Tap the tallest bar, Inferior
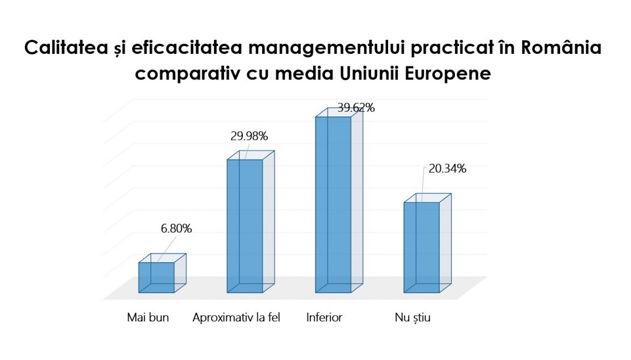tap(333, 204)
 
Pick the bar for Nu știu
tap(422, 247)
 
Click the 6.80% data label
tap(176, 229)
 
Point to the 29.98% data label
tap(249, 136)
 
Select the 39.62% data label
tap(356, 107)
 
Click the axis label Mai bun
tap(148, 317)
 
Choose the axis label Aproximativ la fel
tap(237, 317)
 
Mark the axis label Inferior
tap(324, 317)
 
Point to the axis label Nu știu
tap(413, 317)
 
